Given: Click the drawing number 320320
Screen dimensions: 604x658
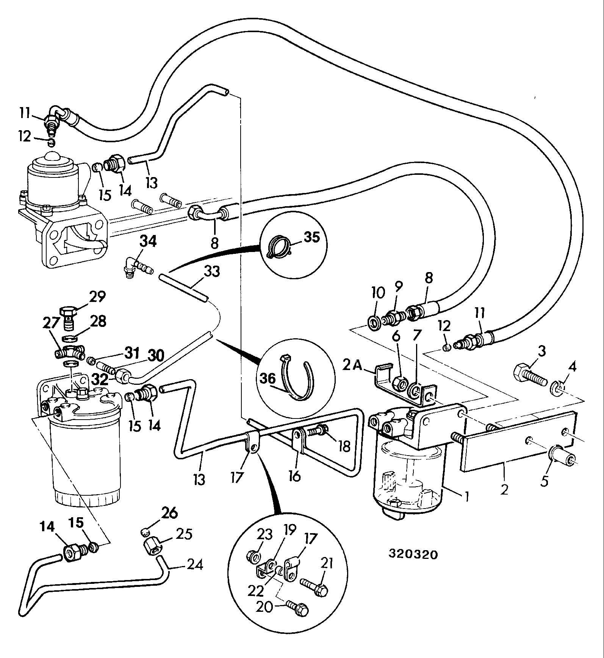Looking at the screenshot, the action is click(x=413, y=554).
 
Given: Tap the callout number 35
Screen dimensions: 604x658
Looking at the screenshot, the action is click(x=311, y=237).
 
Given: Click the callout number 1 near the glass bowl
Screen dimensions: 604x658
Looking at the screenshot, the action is click(x=466, y=496).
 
